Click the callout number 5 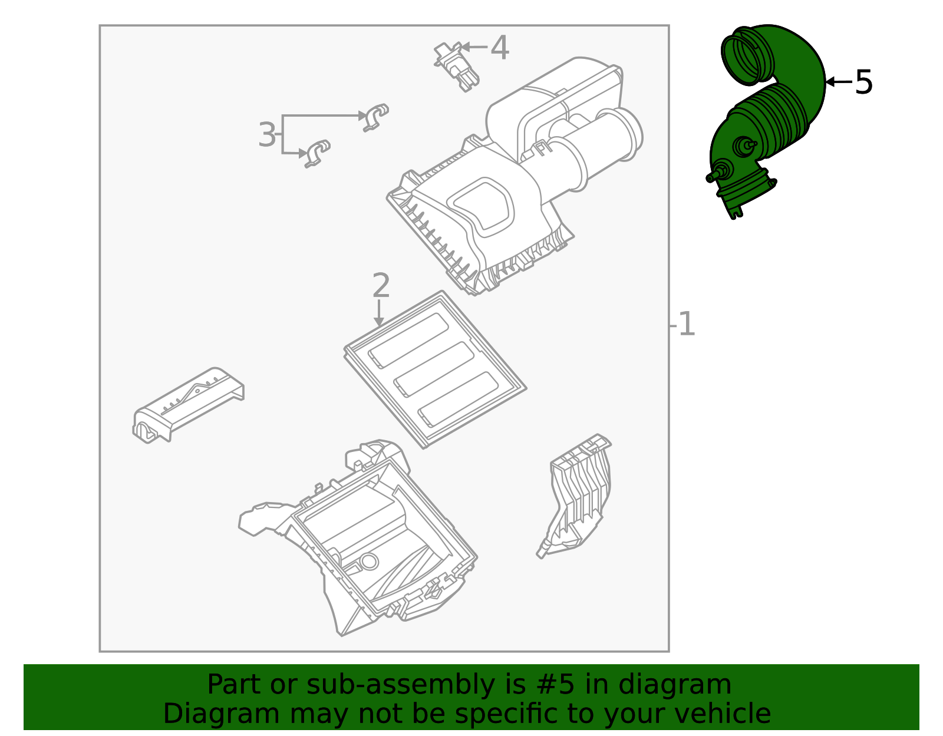coord(863,82)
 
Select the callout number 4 coord(500,48)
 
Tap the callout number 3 coord(266,135)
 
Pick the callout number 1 coord(687,325)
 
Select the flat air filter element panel coord(434,370)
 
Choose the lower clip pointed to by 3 coord(317,153)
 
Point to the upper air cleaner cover coord(483,206)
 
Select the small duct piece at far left coord(187,405)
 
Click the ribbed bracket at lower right coord(578,495)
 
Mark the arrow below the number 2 coord(379,312)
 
